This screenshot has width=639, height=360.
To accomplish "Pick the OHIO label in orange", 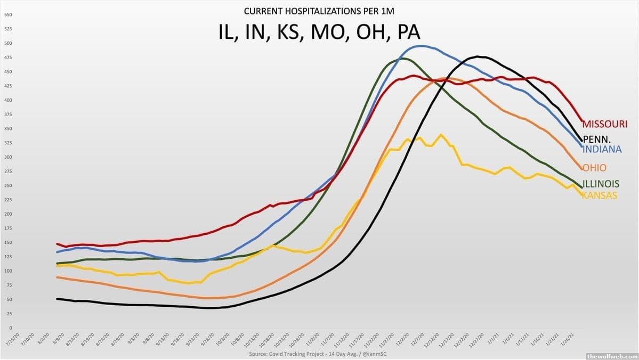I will coord(594,168).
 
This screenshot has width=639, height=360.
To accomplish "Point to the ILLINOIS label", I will coord(601,184).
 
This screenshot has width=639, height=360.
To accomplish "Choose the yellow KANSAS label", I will coord(599,195).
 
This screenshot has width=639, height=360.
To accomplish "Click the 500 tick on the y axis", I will coord(8,43).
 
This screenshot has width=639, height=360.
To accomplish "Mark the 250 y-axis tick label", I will coord(8,185).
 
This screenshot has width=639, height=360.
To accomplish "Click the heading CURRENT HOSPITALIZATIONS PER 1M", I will coord(319,11).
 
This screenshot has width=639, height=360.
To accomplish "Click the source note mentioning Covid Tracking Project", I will coord(319,354).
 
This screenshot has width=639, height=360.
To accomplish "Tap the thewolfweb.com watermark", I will coord(611,356).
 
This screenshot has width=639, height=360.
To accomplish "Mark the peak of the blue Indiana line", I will coord(421,46).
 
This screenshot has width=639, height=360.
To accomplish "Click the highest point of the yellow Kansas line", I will coord(441,135).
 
